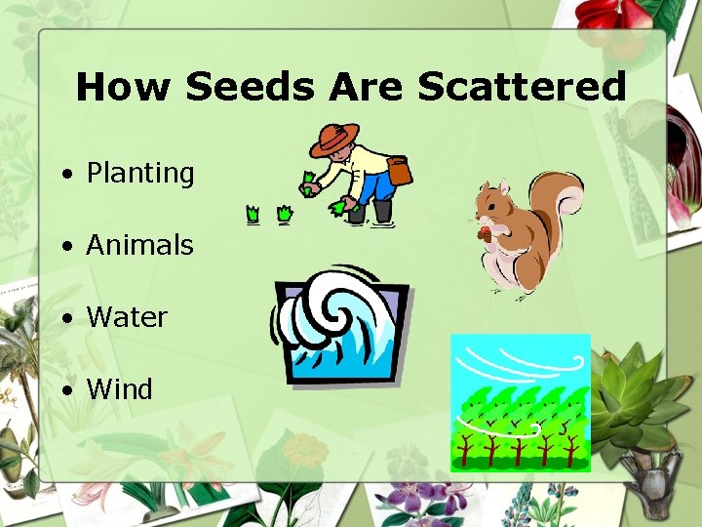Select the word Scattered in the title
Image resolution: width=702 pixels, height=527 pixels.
pos(522,87)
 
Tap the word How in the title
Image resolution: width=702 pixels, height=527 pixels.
pos(125,87)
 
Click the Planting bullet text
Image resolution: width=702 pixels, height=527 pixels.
pos(140,174)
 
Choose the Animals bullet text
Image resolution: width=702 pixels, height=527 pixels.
pos(139,245)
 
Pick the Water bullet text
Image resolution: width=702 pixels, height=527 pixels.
pos(127,317)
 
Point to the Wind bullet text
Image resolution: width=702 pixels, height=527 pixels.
pos(119,389)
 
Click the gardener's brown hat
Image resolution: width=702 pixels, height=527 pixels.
pos(334,140)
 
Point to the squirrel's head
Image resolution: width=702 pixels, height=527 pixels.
pos(492,204)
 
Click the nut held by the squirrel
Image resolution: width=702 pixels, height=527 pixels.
pos(484,233)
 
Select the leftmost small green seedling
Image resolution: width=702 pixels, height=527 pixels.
pos(253,212)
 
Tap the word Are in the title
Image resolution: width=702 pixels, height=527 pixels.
pos(366,87)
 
